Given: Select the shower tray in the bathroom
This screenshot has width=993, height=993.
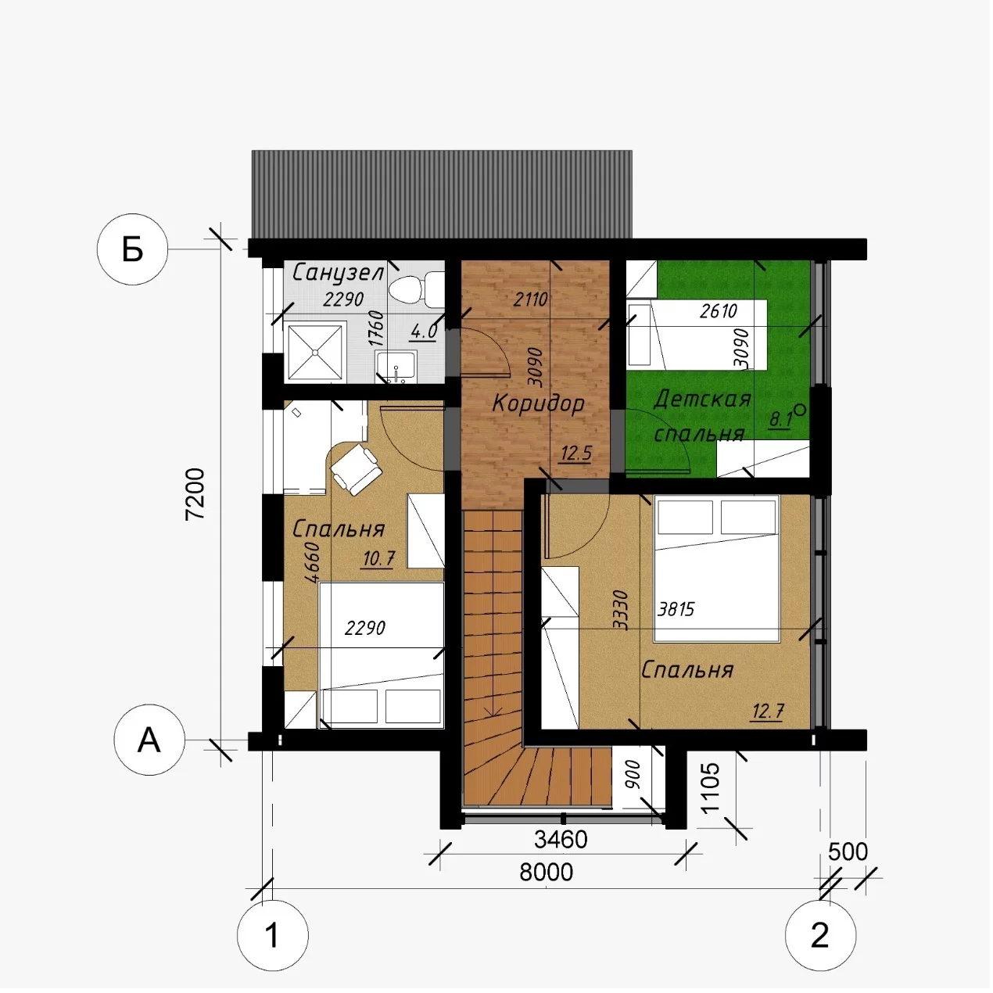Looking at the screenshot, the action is tap(314, 352).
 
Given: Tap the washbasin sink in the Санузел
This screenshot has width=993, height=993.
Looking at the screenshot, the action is tap(396, 367).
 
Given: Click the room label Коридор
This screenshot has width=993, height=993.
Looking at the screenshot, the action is tap(538, 404).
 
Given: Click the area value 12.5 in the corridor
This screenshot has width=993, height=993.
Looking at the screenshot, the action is tap(575, 454).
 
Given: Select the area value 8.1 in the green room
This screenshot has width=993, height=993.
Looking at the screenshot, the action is tap(780, 420).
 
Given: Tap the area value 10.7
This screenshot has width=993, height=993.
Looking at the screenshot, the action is tap(378, 558).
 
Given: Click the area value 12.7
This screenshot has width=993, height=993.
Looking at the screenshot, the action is tap(768, 712).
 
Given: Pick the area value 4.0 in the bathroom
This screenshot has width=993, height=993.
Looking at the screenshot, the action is tap(424, 332).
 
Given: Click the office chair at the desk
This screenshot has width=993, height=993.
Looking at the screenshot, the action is tap(357, 469).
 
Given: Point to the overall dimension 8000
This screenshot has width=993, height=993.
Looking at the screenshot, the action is tap(546, 873).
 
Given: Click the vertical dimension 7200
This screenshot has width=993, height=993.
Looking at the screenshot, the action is tap(195, 493).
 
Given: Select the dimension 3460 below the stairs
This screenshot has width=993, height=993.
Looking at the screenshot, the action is tap(560, 840).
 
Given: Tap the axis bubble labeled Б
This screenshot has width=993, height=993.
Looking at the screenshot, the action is tap(132, 249).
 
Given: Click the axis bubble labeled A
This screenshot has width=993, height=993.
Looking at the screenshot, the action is tap(149, 740).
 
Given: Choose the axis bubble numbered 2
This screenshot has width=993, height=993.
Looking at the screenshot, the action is tap(820, 934).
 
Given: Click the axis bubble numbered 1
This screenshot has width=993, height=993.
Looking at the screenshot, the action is tap(273, 935).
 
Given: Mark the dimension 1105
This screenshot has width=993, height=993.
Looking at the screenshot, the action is tap(711, 787).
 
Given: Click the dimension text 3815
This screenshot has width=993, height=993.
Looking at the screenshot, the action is tap(676, 610).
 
